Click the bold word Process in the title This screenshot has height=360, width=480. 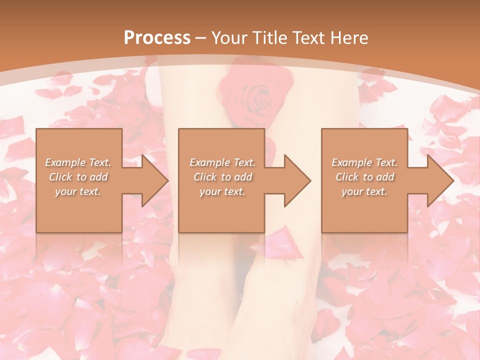coord(157,37)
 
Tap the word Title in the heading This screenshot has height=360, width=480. coord(269,37)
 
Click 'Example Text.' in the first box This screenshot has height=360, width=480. coord(78,162)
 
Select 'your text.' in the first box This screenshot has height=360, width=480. coord(78,191)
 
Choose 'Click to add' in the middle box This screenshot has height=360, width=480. coord(222,177)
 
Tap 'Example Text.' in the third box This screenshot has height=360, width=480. coord(364,162)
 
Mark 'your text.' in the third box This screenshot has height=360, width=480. coord(364,191)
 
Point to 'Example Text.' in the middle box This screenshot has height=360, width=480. coord(222,162)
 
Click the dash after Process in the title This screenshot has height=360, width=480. coord(201,38)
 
